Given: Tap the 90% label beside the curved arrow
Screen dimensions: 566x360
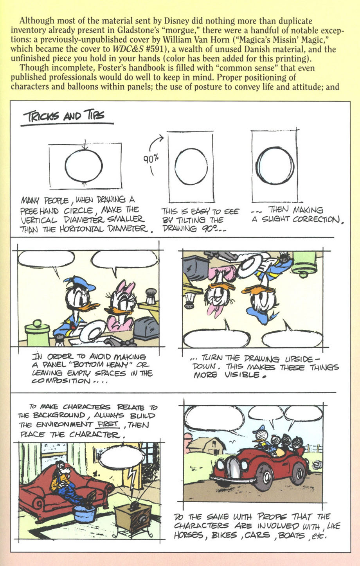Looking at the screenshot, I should (x=150, y=159).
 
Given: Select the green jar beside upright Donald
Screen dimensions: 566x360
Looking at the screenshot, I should (x=37, y=334).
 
